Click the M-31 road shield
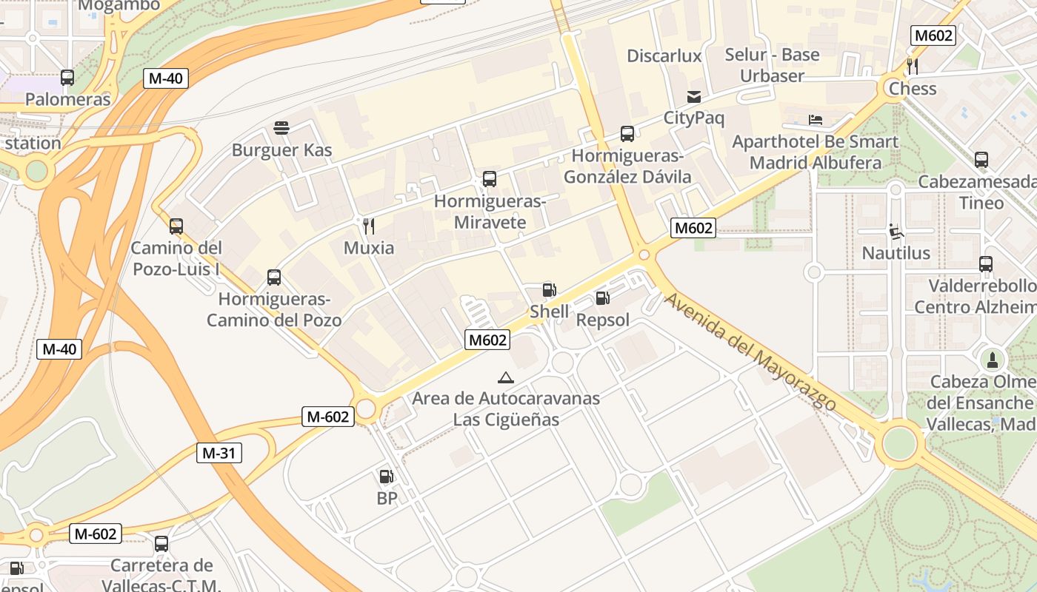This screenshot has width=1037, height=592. coord(219,453)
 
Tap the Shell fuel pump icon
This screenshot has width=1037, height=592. coord(549,290)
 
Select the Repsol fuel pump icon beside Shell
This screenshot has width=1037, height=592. coord(602,298)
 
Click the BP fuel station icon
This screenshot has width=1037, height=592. coord(386,477)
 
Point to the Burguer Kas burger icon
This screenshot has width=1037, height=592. coord(281,128)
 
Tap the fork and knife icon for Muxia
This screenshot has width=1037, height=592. coord(368,226)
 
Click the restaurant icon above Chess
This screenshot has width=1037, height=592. coord(913,67)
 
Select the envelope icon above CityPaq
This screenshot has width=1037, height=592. coord(693,96)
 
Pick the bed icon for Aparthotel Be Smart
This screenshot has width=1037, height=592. coord(815,120)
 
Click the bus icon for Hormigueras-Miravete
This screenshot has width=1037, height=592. coord(489,179)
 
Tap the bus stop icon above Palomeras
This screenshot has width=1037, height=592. coord(67,77)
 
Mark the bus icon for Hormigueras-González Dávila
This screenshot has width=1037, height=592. coord(627,134)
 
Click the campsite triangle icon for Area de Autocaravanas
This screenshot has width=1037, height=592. coord(506,377)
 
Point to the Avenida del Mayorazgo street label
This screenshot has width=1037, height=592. coord(750,352)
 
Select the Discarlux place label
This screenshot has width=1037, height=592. coord(664,56)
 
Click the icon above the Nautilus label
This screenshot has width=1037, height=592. coord(896,232)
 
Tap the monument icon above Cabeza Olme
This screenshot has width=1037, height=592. coord(992,360)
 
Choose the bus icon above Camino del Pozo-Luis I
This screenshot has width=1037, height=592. coord(176,226)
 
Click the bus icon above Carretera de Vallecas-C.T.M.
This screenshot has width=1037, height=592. coord(161,544)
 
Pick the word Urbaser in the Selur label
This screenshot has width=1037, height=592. coord(772,76)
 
